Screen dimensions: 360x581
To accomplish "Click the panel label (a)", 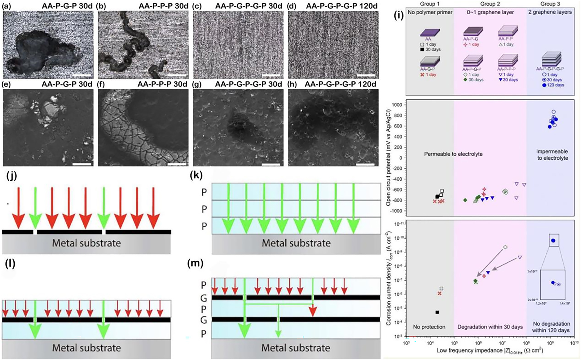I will [x=7, y=6].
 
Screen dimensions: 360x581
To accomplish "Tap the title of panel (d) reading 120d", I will [x=342, y=6].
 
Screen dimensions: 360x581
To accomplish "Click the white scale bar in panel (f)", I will [x=177, y=164].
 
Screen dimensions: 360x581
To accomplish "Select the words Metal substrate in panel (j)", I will [x=86, y=243].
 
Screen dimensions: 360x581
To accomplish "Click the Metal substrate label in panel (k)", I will [x=296, y=243].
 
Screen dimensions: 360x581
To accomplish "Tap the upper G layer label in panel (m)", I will [x=204, y=297].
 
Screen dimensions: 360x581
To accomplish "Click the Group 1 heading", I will [x=430, y=4].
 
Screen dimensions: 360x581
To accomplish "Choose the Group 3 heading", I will [x=550, y=4].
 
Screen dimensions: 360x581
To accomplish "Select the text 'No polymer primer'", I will [x=430, y=12].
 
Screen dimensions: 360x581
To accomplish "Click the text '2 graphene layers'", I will [x=550, y=12].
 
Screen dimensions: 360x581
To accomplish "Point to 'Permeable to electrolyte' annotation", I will [x=453, y=154].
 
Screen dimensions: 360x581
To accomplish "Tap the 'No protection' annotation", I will [x=429, y=327].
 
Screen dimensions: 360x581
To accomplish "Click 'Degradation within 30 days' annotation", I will [x=490, y=327].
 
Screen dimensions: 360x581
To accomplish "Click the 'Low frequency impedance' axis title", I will [x=490, y=351].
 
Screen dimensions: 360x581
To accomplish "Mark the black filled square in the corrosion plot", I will [x=437, y=312].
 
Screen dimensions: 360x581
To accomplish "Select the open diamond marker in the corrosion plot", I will [x=505, y=247].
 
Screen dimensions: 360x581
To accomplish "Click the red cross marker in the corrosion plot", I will [x=440, y=293].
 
